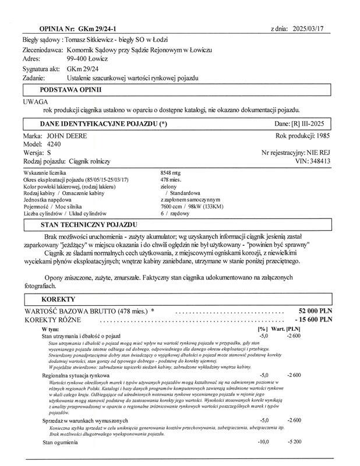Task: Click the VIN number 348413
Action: point(319,161)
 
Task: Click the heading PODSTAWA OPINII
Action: point(70,90)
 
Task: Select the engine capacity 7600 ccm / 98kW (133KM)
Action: point(191,206)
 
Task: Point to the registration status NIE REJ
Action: point(318,153)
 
